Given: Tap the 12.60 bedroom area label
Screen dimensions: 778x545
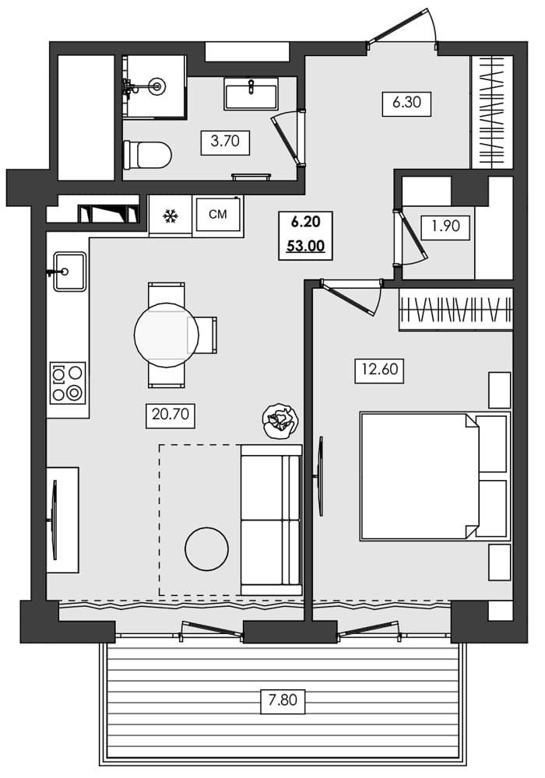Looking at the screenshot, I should (x=378, y=370).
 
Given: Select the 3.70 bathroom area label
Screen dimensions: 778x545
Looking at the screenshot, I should (x=224, y=142).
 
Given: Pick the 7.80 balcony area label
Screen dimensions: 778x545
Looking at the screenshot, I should (x=283, y=700).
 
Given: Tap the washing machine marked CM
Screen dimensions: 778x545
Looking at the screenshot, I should (x=218, y=215).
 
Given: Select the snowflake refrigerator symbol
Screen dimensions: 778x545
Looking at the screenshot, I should (x=170, y=216).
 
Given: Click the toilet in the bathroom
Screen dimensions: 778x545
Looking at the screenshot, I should (x=148, y=154).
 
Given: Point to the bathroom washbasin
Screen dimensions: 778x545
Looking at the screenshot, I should (x=251, y=93).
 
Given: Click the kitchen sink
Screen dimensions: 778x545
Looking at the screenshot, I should (x=69, y=272).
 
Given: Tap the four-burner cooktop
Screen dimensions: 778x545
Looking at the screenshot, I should (x=68, y=383).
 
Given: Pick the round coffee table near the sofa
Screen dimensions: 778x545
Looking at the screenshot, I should (x=206, y=548).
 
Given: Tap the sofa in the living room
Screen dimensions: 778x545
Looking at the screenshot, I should (x=271, y=520).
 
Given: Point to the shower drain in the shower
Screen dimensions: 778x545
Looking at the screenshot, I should (x=158, y=86).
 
